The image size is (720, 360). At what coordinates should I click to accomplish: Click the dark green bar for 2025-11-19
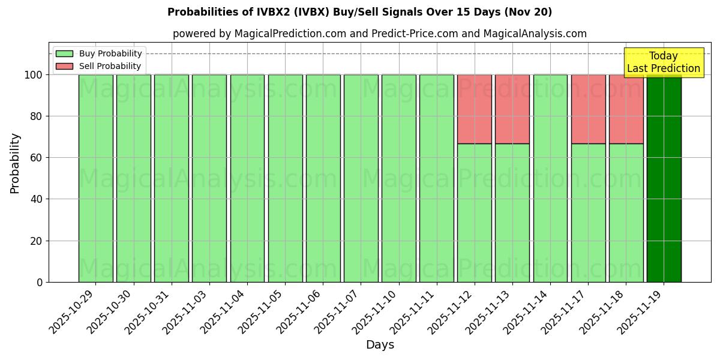(664, 178)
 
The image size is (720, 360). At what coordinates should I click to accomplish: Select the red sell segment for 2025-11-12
(474, 109)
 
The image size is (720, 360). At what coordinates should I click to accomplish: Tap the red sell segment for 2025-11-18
(626, 109)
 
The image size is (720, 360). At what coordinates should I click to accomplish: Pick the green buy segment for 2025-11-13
(512, 212)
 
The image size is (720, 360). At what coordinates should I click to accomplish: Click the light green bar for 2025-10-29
(95, 178)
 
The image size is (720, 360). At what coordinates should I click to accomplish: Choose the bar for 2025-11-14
(550, 178)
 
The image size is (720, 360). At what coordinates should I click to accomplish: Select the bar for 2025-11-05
(285, 178)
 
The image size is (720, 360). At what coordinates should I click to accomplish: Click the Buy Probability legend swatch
(64, 53)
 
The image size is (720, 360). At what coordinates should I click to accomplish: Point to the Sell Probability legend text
(110, 66)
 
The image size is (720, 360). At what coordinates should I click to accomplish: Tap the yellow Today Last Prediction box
(664, 62)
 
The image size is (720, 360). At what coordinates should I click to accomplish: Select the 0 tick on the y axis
(40, 283)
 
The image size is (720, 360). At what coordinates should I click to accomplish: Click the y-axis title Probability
(15, 163)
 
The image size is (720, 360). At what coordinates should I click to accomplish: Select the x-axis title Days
(380, 345)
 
